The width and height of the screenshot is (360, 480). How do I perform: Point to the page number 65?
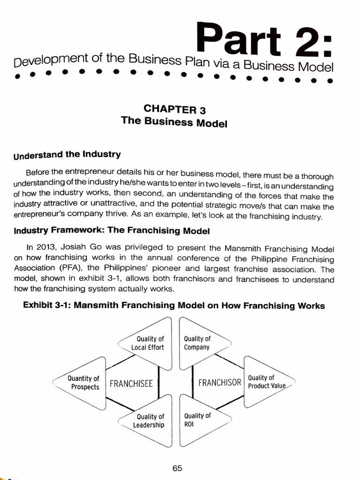(177, 468)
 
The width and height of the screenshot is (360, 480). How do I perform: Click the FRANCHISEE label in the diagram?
(131, 383)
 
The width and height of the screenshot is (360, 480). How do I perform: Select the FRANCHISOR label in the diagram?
(219, 382)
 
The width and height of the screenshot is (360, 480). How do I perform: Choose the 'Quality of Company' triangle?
(199, 343)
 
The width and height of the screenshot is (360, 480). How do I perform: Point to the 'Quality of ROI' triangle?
(199, 420)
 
